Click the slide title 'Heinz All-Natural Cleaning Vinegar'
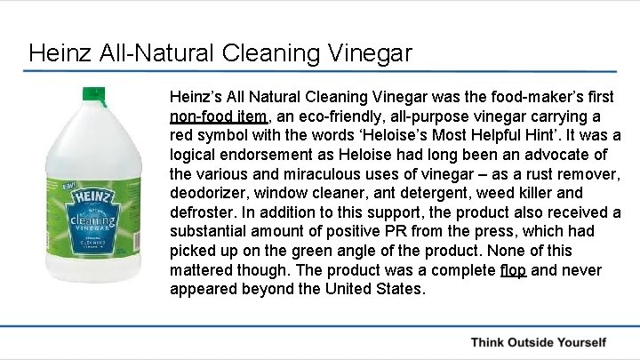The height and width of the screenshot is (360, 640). click(x=220, y=53)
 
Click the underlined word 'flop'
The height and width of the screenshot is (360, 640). click(x=513, y=269)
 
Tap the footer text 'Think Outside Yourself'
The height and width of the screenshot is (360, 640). click(x=538, y=342)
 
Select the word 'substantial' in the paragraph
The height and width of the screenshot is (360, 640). click(x=213, y=231)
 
